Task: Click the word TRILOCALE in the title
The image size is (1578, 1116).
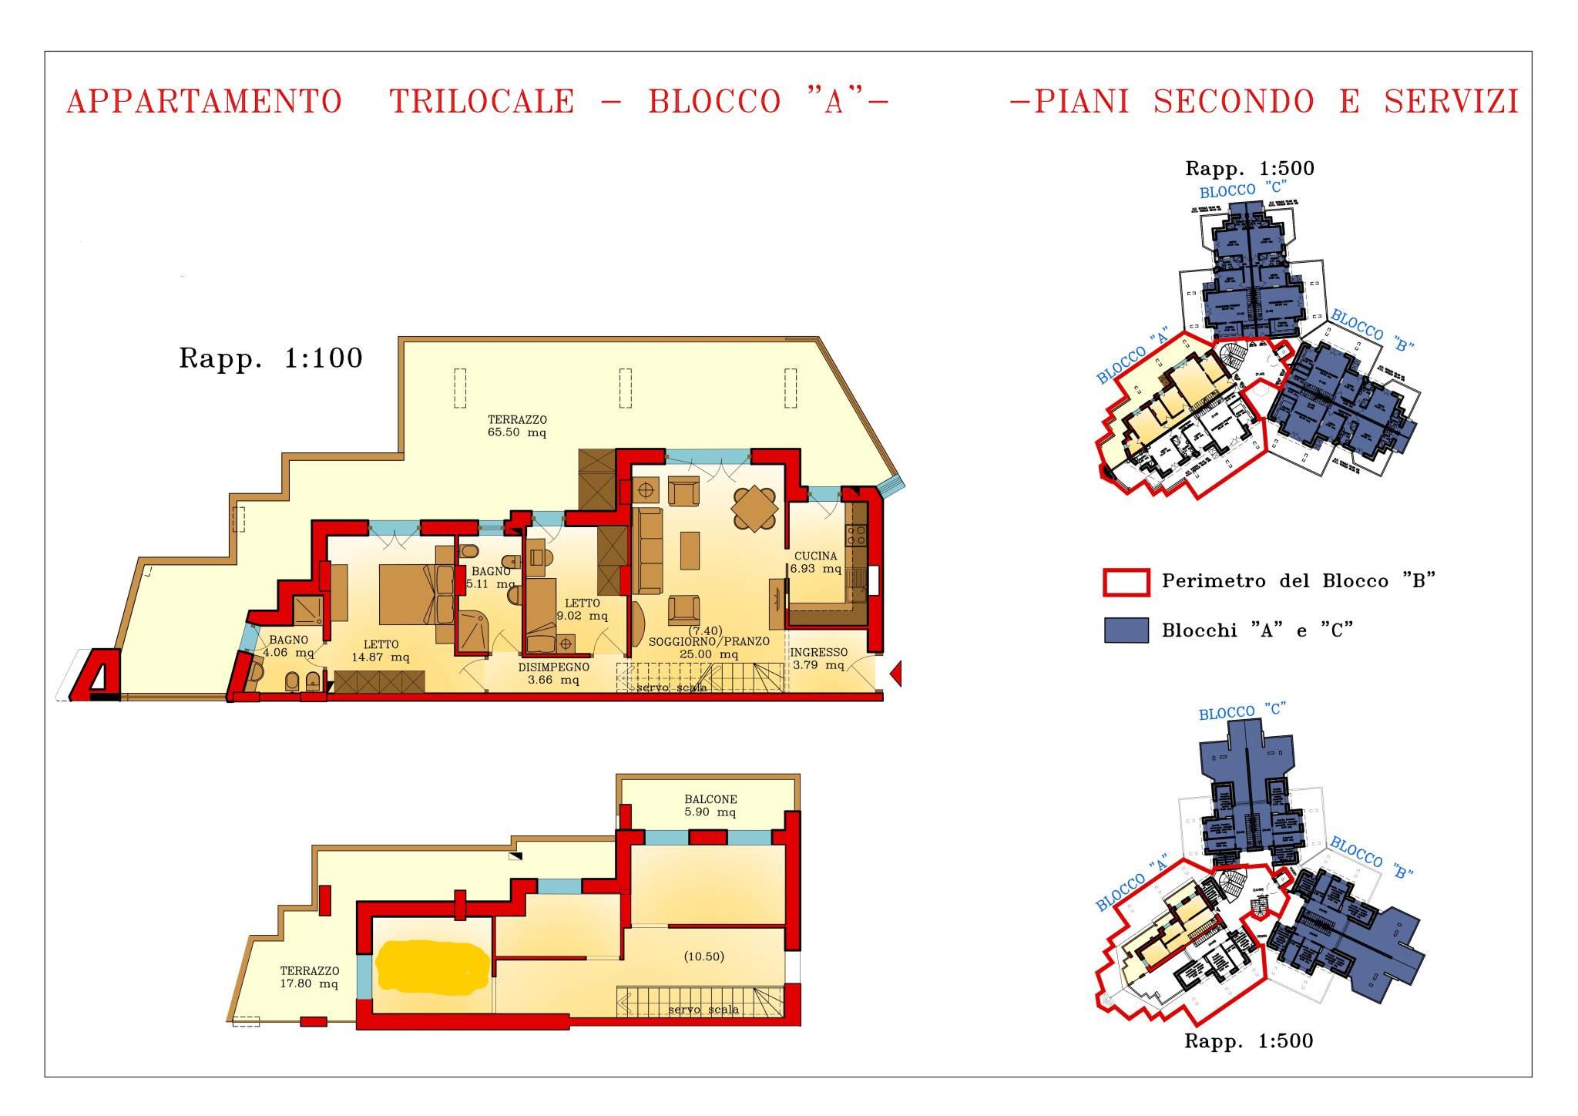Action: (482, 102)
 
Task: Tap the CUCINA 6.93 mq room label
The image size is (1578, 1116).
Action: (815, 563)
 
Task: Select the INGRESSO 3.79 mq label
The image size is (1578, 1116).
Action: (818, 659)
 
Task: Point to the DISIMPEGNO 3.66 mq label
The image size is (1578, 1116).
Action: (553, 673)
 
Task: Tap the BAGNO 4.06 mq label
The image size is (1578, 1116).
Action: (288, 646)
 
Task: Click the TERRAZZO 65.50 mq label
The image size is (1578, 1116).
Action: (517, 426)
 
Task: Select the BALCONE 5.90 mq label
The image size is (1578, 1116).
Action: (710, 805)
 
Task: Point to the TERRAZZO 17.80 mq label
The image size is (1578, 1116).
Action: (309, 977)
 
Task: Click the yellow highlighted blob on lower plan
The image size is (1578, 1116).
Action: (432, 968)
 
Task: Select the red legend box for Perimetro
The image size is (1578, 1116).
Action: (1126, 582)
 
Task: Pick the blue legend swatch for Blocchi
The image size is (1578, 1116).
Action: (1126, 630)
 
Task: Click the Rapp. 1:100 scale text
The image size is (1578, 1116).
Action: (270, 358)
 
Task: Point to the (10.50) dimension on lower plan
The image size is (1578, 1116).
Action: (703, 956)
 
